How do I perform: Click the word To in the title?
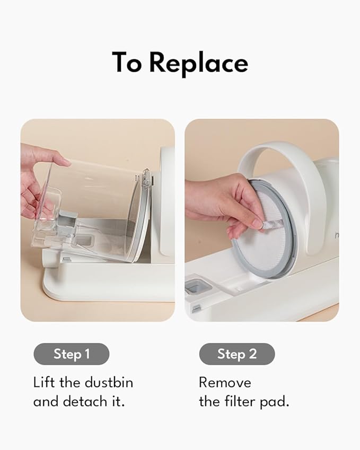click(127, 62)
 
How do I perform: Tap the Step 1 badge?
click(72, 354)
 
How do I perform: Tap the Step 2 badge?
click(237, 354)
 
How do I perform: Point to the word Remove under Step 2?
click(225, 383)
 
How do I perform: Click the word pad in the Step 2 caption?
click(274, 402)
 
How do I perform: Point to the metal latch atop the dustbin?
click(146, 179)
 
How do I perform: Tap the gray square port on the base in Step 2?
click(198, 286)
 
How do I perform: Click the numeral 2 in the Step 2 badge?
click(252, 354)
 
